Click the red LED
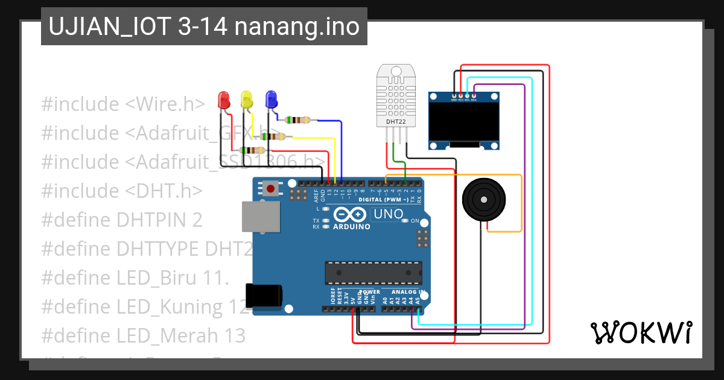tap(223, 100)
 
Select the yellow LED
tap(246, 100)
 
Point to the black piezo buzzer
tap(482, 200)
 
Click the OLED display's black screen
tap(464, 121)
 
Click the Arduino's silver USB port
tap(261, 217)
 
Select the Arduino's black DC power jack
tap(264, 295)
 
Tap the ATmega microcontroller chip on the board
tap(373, 273)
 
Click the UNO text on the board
tap(389, 214)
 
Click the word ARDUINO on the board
tap(352, 227)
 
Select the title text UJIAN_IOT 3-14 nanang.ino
tap(204, 27)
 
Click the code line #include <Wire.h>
tap(123, 104)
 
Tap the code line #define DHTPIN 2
tap(122, 220)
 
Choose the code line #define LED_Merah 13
tap(143, 335)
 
